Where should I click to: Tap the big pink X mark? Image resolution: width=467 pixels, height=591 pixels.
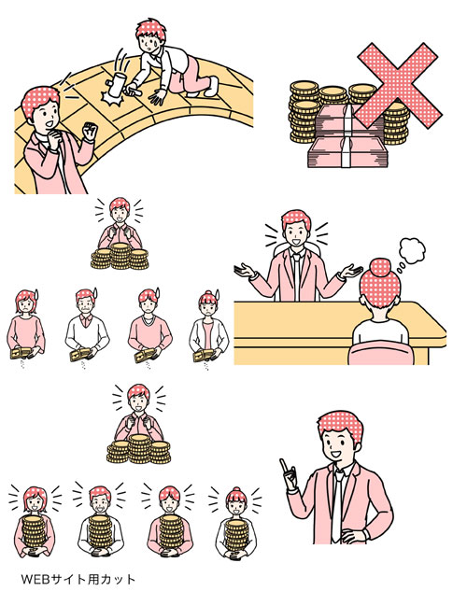(397, 87)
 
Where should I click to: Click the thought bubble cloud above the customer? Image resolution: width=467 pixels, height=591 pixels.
(412, 251)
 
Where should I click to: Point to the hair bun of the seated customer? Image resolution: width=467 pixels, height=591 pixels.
(379, 268)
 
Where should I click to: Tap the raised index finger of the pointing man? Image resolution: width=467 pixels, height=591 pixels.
(282, 465)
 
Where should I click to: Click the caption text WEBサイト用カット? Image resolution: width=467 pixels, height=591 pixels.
(78, 579)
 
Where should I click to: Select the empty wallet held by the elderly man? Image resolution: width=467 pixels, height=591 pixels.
(80, 354)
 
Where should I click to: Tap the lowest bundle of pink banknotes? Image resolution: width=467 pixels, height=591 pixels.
(347, 151)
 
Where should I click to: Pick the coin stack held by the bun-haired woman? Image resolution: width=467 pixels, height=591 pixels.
(236, 536)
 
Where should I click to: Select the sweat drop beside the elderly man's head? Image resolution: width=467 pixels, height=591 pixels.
(94, 293)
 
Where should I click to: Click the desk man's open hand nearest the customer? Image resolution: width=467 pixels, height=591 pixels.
(349, 271)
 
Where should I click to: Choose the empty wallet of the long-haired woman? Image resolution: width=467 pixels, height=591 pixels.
(21, 353)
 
